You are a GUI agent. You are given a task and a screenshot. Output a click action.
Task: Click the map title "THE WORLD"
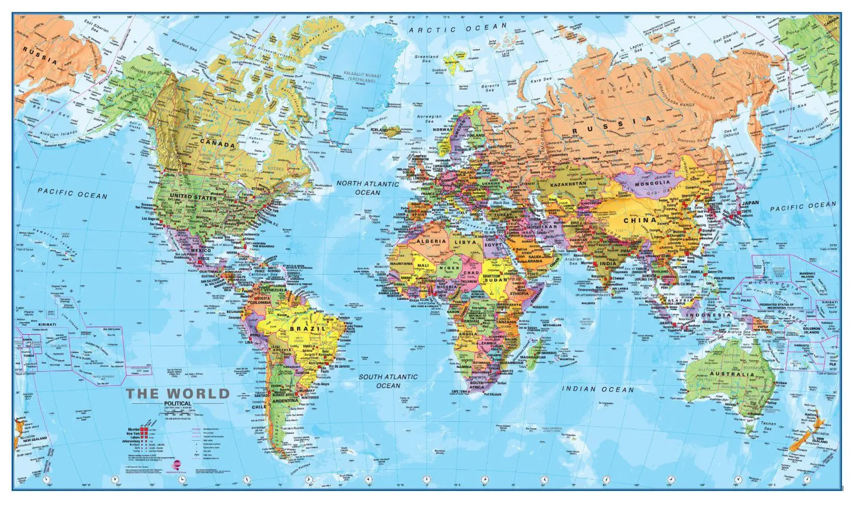[177, 393]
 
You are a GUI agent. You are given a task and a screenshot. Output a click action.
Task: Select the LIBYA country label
[464, 242]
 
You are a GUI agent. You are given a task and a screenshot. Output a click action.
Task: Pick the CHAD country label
[471, 273]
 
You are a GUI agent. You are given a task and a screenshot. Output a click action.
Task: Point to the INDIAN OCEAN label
[598, 389]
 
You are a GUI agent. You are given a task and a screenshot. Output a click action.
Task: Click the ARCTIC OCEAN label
[458, 28]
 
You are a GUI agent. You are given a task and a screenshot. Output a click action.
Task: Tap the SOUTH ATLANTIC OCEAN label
[388, 381]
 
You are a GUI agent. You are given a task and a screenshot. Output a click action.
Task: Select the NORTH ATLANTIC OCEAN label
[367, 188]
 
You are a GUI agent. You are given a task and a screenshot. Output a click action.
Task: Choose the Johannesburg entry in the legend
[132, 440]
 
